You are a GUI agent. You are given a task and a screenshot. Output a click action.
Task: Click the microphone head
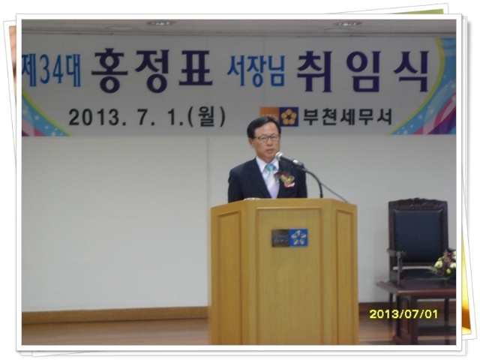280,157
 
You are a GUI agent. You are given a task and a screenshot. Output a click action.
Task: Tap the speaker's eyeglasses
267,138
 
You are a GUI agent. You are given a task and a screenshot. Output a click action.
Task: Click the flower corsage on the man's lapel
286,178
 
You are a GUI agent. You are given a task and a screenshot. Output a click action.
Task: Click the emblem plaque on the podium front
289,238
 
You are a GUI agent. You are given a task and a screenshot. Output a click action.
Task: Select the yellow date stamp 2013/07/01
403,314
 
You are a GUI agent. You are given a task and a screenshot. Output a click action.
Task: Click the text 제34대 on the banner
52,70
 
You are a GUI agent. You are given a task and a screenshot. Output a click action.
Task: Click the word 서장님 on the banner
256,71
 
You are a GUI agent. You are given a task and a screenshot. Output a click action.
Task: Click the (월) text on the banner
207,117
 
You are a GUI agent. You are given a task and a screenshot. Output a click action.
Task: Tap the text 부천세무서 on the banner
347,117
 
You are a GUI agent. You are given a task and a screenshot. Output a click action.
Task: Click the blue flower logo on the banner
289,117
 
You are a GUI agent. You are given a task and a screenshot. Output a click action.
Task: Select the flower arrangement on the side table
445,264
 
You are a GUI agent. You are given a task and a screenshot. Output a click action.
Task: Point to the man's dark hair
262,126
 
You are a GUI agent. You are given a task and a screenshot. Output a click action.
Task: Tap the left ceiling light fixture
160,23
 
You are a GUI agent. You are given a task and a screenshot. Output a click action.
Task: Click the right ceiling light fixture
347,23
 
